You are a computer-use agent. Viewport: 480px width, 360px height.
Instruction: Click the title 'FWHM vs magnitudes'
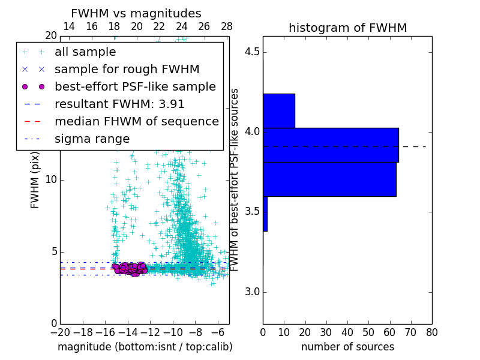click(x=136, y=14)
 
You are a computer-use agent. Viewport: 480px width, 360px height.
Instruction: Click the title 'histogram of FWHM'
click(x=347, y=28)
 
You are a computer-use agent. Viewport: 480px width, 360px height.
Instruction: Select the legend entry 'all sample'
click(x=85, y=52)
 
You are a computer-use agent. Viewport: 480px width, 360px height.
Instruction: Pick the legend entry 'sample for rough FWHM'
click(x=127, y=70)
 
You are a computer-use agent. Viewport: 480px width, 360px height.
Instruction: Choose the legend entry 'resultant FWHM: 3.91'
click(x=119, y=104)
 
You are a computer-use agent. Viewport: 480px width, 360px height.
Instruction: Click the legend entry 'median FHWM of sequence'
click(x=136, y=122)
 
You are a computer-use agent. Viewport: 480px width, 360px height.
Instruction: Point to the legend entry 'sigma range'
click(x=92, y=139)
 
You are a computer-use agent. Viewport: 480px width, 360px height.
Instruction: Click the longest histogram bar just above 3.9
click(x=331, y=145)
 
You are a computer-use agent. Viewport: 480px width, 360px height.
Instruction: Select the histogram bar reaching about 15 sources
click(x=279, y=110)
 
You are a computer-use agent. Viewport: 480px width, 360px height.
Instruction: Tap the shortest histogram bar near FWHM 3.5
click(x=265, y=214)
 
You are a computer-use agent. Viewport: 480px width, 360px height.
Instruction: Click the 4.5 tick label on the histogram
click(x=251, y=52)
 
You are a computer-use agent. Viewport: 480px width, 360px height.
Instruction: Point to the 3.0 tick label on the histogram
click(x=251, y=292)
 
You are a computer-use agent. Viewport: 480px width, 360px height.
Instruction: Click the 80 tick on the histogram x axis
click(x=431, y=332)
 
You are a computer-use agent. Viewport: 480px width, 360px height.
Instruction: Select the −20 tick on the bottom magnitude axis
click(x=60, y=332)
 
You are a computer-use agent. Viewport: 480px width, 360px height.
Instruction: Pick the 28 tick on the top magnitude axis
click(x=227, y=26)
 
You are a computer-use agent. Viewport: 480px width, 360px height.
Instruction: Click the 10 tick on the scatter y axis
click(x=50, y=180)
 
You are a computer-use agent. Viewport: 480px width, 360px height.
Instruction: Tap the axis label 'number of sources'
click(x=347, y=347)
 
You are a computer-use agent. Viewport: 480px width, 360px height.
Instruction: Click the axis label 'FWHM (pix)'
click(x=35, y=179)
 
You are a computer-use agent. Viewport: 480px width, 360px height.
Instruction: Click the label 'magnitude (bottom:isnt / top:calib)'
click(x=145, y=347)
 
